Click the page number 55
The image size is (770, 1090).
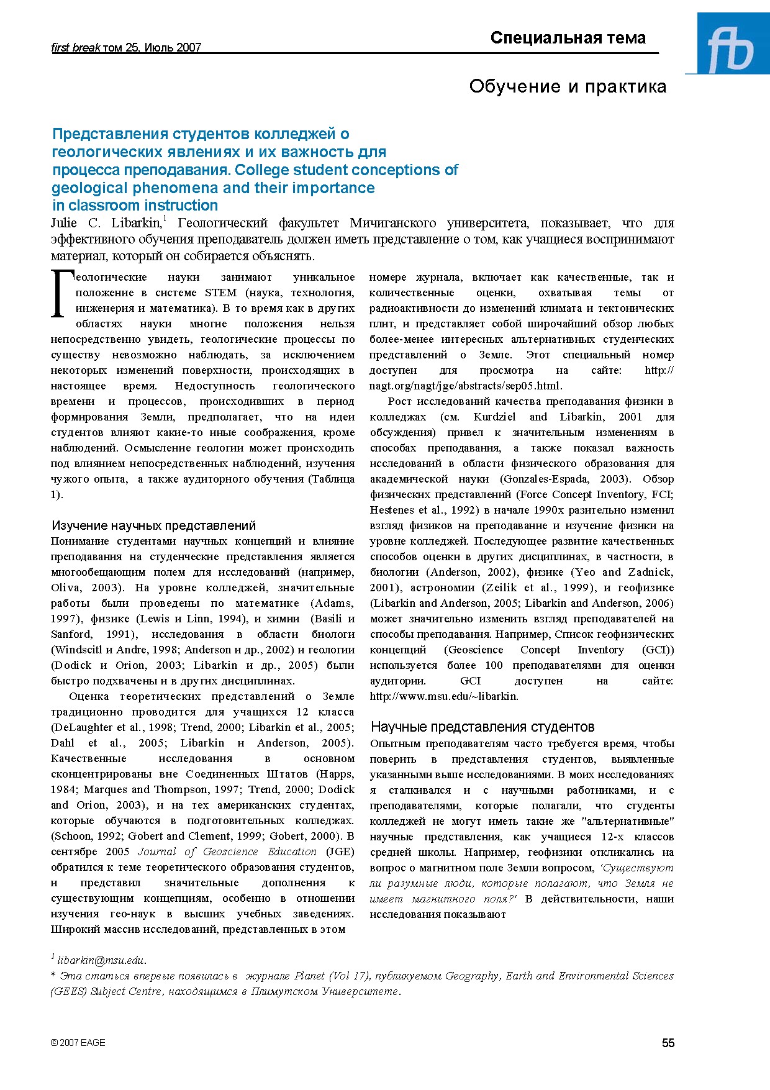click(x=668, y=1043)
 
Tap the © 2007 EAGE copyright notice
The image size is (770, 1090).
click(x=78, y=1043)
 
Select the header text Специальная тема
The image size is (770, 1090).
click(x=568, y=38)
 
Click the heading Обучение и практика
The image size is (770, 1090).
click(x=568, y=86)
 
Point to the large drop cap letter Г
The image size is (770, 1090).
click(x=60, y=294)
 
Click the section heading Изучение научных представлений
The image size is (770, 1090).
click(x=153, y=525)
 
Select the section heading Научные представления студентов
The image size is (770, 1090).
click(x=482, y=727)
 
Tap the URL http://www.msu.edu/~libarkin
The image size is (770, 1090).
click(x=443, y=696)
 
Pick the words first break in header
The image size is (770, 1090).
click(x=75, y=47)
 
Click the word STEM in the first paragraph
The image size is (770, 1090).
click(x=220, y=293)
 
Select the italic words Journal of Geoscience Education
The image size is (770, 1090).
click(x=227, y=852)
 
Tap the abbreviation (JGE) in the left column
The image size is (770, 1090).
click(x=340, y=852)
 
